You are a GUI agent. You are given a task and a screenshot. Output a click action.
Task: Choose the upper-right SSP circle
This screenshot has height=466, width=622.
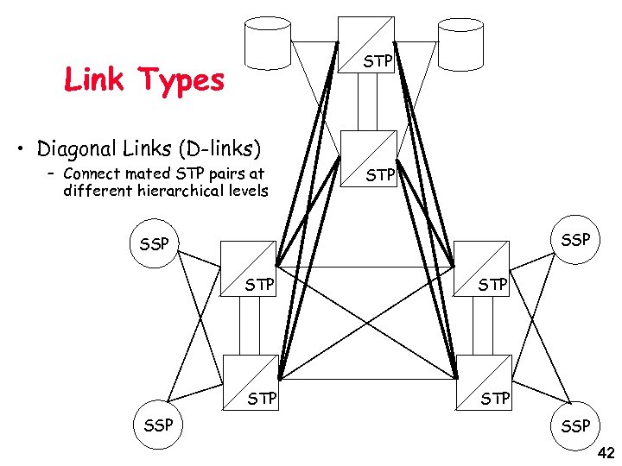pyautogui.click(x=574, y=236)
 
